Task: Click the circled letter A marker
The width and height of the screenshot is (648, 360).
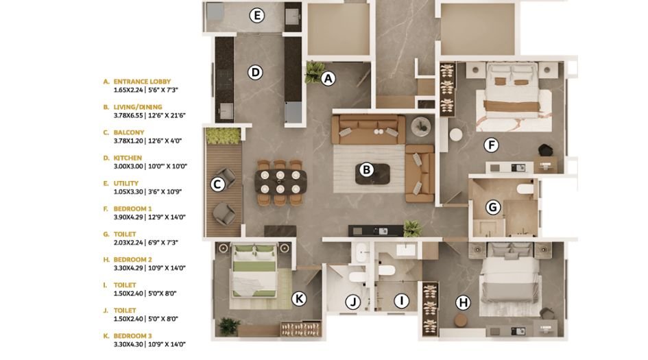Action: pos(328,78)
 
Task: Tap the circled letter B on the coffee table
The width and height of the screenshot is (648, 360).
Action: pos(367,169)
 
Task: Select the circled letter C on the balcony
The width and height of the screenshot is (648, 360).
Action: pos(217,184)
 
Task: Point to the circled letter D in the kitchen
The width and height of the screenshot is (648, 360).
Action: pos(255,72)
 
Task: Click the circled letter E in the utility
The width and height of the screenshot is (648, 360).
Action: pos(257,15)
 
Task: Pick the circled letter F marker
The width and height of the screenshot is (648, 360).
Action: pos(490,145)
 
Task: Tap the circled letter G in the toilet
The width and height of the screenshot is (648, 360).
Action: pos(492,207)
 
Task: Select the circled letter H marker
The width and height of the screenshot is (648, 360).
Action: pos(463,302)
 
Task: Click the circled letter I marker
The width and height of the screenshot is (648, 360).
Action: pos(403,300)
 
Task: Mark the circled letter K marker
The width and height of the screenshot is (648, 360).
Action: pos(298,298)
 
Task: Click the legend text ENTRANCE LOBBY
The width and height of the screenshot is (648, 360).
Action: pos(142,82)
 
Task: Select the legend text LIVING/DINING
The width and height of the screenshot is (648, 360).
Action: pos(137,107)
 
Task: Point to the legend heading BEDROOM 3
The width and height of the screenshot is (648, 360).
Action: pos(132,335)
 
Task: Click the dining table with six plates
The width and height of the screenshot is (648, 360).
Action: pos(280,182)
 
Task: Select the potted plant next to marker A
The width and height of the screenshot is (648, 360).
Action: pos(314,71)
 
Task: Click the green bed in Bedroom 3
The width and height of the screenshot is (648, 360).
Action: pos(254,270)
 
